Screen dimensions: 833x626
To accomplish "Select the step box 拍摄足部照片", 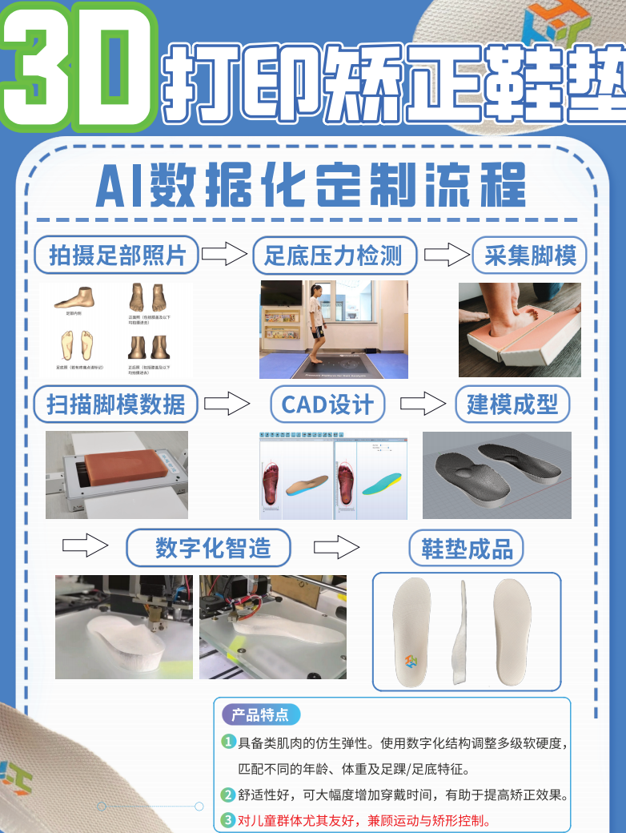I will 117,256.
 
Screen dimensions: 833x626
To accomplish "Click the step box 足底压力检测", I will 334,256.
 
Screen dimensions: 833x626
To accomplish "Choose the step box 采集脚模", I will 530,256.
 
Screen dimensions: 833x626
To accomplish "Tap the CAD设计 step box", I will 327,404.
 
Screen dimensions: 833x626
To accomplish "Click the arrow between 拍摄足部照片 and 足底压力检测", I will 223,256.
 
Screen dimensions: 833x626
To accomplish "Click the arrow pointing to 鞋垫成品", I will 336,548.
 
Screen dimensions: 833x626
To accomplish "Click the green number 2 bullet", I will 228,795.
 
